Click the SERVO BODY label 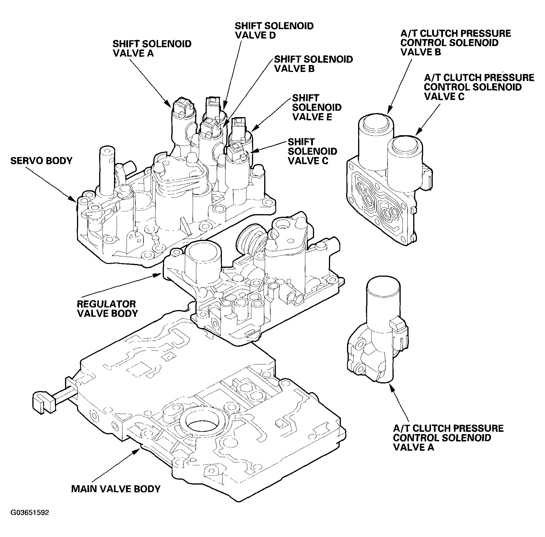pyautogui.click(x=41, y=161)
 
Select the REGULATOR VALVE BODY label pyautogui.click(x=107, y=309)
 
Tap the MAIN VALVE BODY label pyautogui.click(x=116, y=489)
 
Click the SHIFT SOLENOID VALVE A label pyautogui.click(x=152, y=48)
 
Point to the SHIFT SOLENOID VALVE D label pyautogui.click(x=274, y=30)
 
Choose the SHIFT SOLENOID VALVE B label pyautogui.click(x=313, y=64)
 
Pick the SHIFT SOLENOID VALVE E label pyautogui.click(x=317, y=107)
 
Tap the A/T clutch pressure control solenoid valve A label pyautogui.click(x=448, y=438)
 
